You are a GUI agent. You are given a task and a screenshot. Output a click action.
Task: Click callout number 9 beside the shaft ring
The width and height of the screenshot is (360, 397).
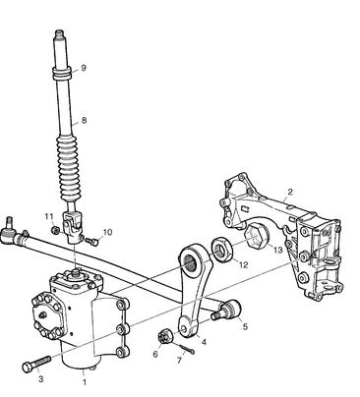(84, 68)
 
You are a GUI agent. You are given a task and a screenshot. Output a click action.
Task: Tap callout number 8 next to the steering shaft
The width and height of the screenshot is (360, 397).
(84, 120)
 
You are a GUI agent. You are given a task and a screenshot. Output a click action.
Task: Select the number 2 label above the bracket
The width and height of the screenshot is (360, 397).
(289, 192)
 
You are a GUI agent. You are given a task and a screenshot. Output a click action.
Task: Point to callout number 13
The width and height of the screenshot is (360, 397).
(277, 250)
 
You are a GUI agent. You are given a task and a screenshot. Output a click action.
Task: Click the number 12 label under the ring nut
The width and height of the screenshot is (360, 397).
(244, 264)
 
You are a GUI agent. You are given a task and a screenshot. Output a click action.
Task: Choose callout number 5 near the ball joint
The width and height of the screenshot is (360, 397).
(245, 326)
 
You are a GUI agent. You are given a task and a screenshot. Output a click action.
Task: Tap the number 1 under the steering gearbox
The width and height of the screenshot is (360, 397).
(85, 382)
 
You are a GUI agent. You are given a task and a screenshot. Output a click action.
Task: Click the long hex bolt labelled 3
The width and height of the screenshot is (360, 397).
(36, 363)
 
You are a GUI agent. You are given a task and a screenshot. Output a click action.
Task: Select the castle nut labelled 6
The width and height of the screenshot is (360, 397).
(163, 337)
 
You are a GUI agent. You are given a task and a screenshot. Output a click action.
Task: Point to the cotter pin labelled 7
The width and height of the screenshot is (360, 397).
(186, 349)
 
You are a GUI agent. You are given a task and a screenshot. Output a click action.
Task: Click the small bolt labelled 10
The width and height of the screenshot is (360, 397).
(91, 242)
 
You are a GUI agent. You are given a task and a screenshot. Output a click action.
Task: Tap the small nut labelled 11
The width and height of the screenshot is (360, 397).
(55, 230)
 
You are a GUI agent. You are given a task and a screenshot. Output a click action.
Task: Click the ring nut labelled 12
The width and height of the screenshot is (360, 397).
(223, 251)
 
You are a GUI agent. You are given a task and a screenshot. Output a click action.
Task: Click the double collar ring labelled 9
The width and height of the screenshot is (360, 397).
(62, 73)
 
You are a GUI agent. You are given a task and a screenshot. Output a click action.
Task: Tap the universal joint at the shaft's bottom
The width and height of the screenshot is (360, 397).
(72, 226)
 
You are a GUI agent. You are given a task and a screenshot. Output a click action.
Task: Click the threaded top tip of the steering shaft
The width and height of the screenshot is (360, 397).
(59, 33)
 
